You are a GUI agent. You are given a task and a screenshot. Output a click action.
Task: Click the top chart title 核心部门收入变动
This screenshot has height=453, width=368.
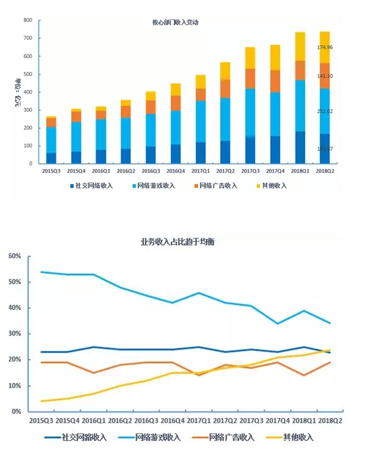click(x=175, y=23)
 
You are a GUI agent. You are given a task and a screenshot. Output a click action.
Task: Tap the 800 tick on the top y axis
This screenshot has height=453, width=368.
click(x=27, y=20)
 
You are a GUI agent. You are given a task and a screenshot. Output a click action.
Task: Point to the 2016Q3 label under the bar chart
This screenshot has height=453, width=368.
click(x=150, y=171)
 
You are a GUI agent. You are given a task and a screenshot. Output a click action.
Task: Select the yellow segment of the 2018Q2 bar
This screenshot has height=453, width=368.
click(x=324, y=47)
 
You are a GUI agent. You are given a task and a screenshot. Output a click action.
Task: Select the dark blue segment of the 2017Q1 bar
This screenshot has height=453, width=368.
click(x=200, y=153)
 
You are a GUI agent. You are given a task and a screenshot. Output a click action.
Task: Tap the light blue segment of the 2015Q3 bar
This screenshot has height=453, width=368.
click(x=51, y=140)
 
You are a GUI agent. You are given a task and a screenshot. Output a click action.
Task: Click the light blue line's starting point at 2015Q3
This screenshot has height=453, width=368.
click(x=41, y=272)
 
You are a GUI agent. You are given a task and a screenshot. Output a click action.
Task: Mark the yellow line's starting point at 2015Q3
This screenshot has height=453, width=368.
click(x=41, y=401)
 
